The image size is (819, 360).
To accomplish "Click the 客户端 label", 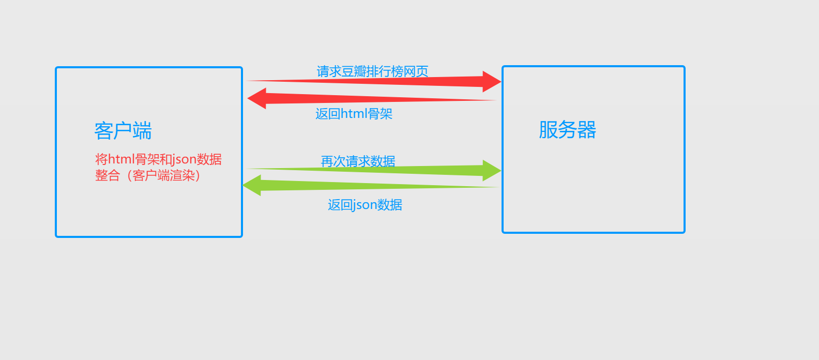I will click(x=123, y=131).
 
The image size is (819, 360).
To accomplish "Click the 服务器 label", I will click(x=567, y=130).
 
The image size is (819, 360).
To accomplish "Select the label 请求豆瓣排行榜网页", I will click(x=372, y=71).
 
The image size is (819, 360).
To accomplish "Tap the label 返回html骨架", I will click(x=354, y=114).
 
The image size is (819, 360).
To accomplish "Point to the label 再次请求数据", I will click(x=358, y=161).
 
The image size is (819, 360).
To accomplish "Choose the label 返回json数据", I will click(x=365, y=205).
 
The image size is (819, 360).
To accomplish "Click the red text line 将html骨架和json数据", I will click(x=158, y=159).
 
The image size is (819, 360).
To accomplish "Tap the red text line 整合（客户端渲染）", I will click(x=148, y=176).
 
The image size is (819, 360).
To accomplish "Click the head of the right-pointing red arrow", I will click(x=491, y=82).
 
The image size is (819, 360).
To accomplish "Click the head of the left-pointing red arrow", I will click(x=257, y=98).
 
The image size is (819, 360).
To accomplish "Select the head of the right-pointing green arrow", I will click(x=491, y=170).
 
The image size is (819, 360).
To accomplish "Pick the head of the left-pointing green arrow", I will click(x=252, y=185).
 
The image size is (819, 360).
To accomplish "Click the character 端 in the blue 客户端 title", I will click(x=142, y=131).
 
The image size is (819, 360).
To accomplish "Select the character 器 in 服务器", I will click(x=587, y=130).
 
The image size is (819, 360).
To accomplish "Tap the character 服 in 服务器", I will click(x=548, y=130).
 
